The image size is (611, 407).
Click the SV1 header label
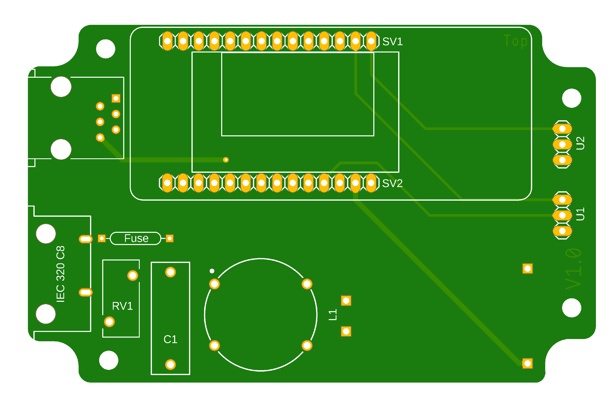pyautogui.click(x=392, y=42)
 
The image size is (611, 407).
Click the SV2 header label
pyautogui.click(x=392, y=184)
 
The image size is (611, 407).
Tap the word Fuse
pyautogui.click(x=136, y=238)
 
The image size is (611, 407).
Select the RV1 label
pyautogui.click(x=122, y=306)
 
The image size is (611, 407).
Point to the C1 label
pyautogui.click(x=170, y=339)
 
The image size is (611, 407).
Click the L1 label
pyautogui.click(x=333, y=315)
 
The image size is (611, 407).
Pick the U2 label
pyautogui.click(x=580, y=143)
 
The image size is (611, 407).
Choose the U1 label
pyautogui.click(x=580, y=214)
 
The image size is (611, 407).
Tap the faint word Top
pyautogui.click(x=515, y=41)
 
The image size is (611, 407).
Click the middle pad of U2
pyautogui.click(x=562, y=144)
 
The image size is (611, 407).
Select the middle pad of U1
pyautogui.click(x=562, y=215)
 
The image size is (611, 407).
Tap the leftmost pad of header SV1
pyautogui.click(x=167, y=41)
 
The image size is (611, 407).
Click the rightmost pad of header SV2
pyautogui.click(x=371, y=183)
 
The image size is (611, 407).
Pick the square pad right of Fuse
pyautogui.click(x=170, y=238)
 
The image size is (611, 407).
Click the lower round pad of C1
pyautogui.click(x=170, y=365)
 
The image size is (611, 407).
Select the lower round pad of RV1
pyautogui.click(x=109, y=322)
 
